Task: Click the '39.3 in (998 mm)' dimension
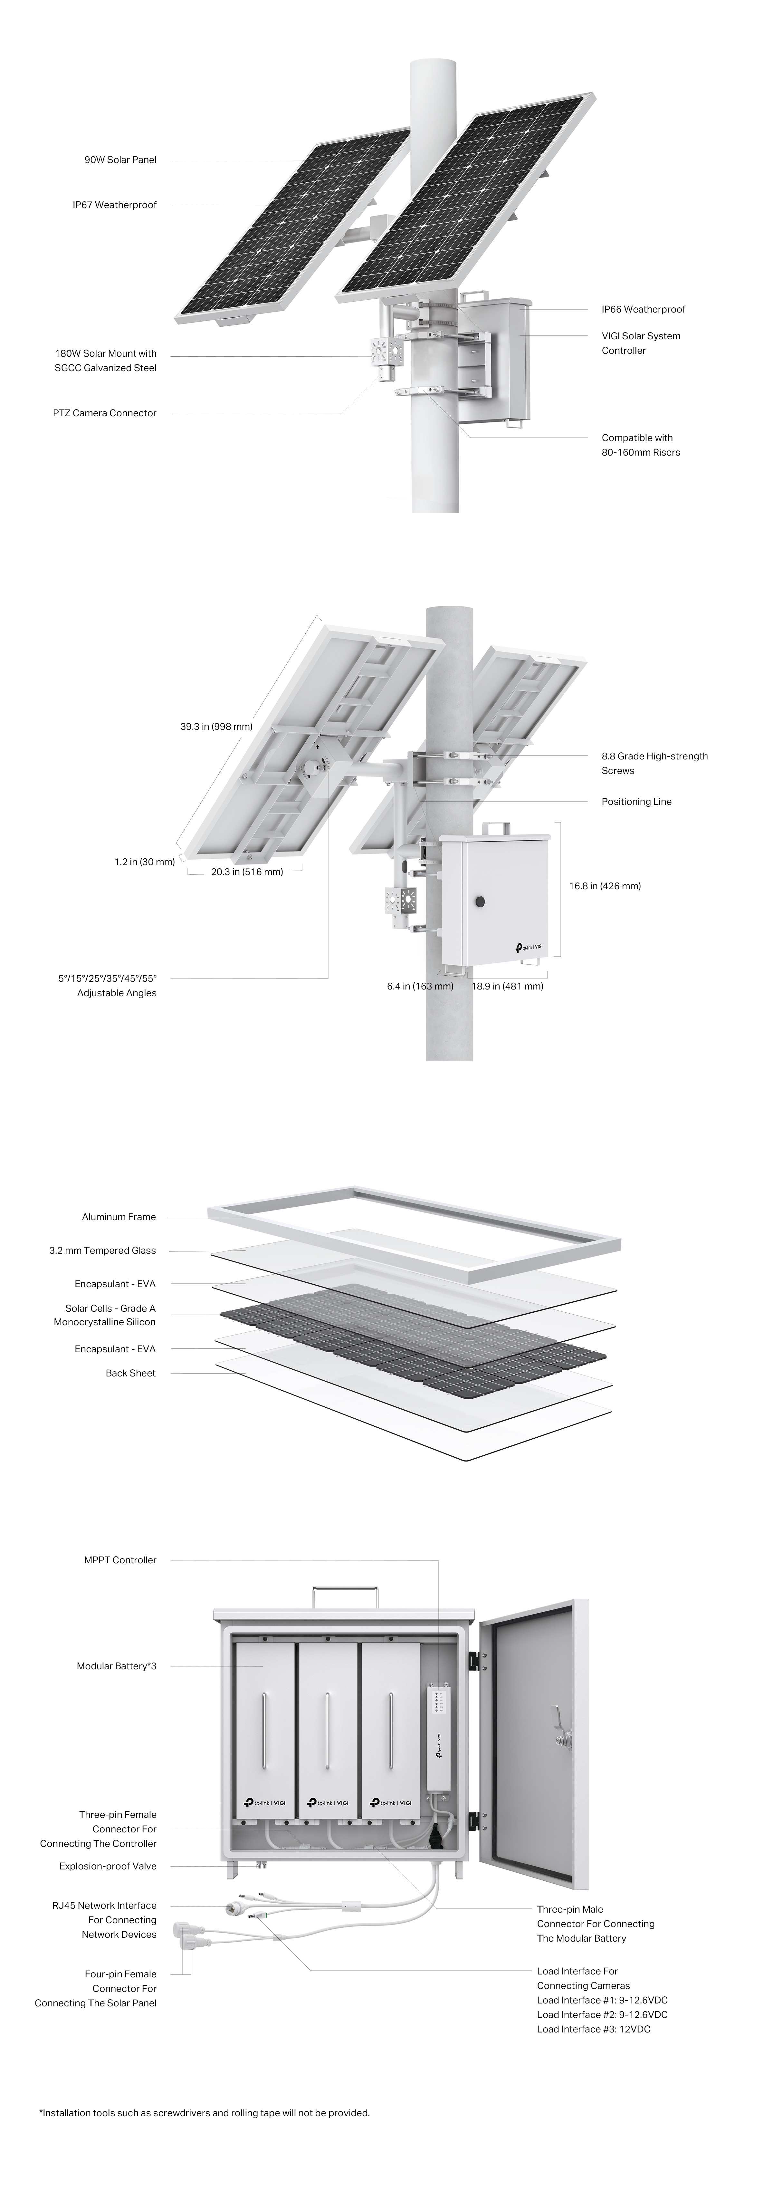click(216, 727)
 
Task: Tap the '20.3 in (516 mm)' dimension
click(247, 872)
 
